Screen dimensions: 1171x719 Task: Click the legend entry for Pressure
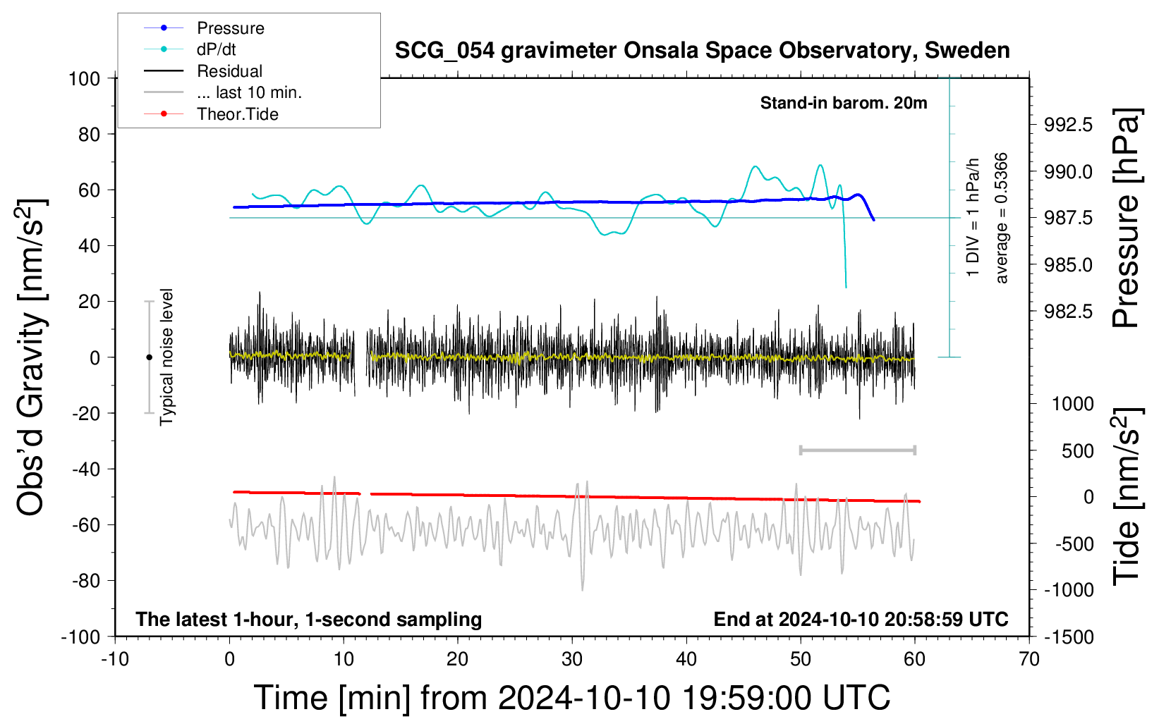(204, 27)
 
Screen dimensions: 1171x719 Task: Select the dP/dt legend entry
(190, 49)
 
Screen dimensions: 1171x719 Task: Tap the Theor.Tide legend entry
(211, 114)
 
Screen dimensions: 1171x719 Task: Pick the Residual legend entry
(203, 71)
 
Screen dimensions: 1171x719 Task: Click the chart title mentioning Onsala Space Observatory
(702, 51)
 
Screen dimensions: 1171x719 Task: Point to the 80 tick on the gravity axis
(89, 135)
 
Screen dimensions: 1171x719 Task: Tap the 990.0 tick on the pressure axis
(1068, 171)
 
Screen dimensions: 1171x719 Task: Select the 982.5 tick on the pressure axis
(1068, 312)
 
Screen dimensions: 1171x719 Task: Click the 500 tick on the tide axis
(1077, 450)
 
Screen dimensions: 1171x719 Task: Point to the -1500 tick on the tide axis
(1069, 637)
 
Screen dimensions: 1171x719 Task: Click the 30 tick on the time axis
(572, 659)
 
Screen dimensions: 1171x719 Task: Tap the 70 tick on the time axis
(1029, 659)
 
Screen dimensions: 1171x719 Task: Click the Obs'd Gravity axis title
(31, 357)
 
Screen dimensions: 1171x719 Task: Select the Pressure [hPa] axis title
(1126, 219)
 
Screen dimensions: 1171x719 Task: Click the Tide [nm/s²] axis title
(1127, 496)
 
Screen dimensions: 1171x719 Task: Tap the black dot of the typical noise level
(149, 357)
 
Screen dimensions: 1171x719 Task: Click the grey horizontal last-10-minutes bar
(857, 450)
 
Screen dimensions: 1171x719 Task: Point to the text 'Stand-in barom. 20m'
(844, 103)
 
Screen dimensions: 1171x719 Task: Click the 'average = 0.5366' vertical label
(1000, 219)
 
